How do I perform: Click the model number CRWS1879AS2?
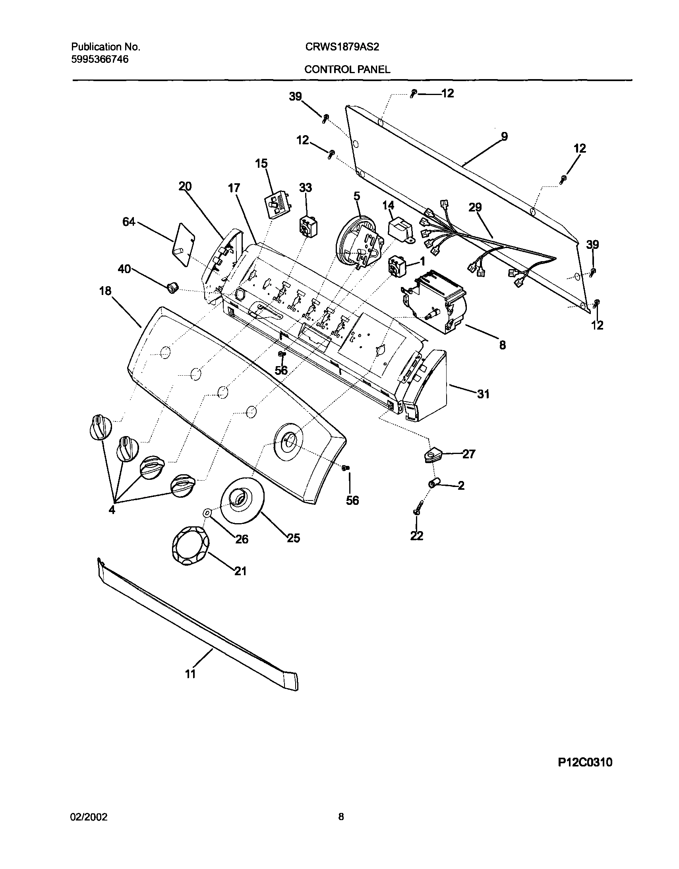coord(342,47)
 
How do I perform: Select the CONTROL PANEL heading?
coord(347,70)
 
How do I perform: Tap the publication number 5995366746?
coord(100,60)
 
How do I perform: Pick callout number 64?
coord(129,222)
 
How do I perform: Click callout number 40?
coord(124,270)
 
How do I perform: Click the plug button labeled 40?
coord(172,286)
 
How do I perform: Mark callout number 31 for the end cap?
coord(483,394)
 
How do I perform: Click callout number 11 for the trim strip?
coord(191,674)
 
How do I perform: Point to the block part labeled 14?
coord(401,231)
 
